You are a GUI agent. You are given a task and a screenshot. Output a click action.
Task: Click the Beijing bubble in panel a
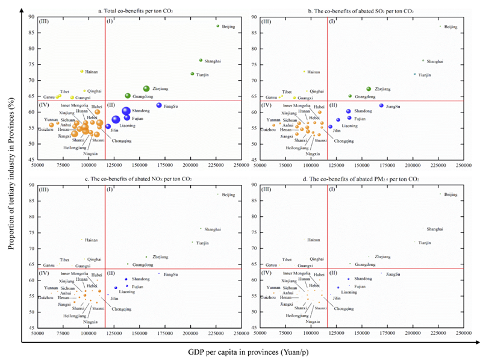pyautogui.click(x=218, y=26)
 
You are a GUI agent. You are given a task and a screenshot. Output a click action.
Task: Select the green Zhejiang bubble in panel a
pyautogui.click(x=146, y=88)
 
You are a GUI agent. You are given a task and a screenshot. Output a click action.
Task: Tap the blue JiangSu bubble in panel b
pyautogui.click(x=381, y=105)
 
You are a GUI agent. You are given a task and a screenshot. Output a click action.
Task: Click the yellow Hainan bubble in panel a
pyautogui.click(x=82, y=71)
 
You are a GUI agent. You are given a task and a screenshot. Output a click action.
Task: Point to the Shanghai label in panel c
pyautogui.click(x=213, y=229)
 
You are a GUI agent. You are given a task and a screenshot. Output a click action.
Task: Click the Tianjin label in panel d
pyautogui.click(x=425, y=242)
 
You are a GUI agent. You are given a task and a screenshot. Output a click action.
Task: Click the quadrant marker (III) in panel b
pyautogui.click(x=266, y=22)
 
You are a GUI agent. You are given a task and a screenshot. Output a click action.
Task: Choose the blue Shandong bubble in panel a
pyautogui.click(x=126, y=110)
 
